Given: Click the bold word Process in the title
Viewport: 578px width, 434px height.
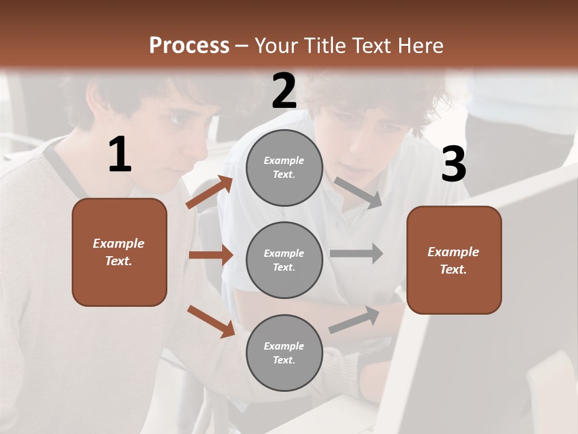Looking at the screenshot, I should (189, 46).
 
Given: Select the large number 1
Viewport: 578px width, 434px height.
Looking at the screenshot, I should (120, 155).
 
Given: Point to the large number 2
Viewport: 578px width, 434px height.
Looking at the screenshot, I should (284, 91).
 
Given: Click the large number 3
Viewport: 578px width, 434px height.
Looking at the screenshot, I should (453, 165).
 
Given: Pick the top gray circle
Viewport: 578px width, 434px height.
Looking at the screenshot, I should (284, 168).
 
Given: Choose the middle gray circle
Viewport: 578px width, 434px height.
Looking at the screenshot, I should (284, 260).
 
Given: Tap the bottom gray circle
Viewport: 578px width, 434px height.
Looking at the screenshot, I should (284, 353).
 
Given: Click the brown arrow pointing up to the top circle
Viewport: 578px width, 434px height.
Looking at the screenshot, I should (209, 192).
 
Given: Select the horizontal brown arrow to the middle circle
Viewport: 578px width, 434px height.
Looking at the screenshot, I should (211, 255).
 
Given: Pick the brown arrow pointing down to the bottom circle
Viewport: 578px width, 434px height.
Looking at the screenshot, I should (211, 321).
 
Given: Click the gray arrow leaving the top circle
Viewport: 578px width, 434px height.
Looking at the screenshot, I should (358, 193).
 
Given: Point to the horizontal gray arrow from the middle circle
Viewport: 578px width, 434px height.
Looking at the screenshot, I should (356, 254).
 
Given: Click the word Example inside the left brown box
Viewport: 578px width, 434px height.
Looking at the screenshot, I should (119, 244).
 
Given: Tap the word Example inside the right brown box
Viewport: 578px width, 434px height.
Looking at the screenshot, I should (453, 252).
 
